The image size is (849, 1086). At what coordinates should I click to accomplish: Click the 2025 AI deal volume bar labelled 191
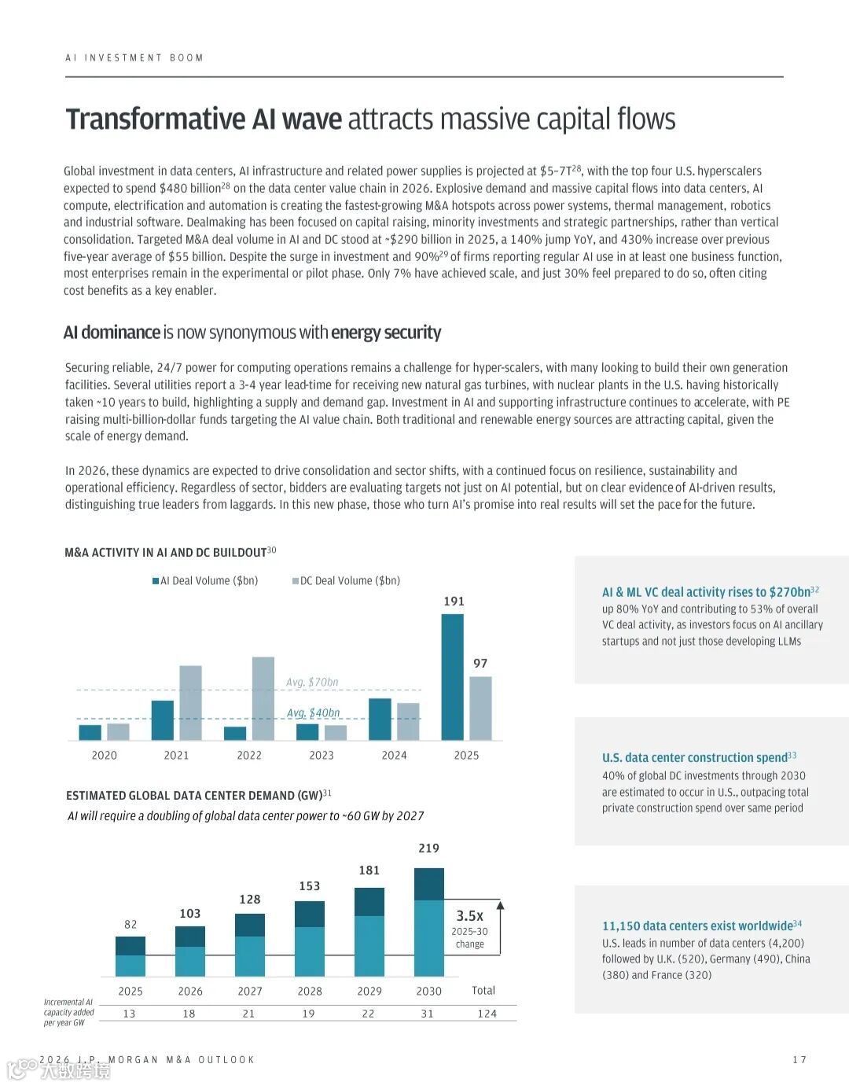452,676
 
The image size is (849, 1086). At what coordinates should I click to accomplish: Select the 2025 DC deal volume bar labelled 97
480,708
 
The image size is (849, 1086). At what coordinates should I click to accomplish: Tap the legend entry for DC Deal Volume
347,581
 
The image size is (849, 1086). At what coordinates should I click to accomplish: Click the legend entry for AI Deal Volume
205,581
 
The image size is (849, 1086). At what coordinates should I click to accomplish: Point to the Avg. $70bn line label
312,682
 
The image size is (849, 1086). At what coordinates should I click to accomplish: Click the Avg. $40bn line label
313,712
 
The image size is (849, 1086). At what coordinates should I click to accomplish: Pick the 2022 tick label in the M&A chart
249,755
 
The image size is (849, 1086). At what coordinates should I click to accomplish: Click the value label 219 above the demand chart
428,848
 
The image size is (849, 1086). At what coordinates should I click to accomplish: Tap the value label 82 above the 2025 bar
130,924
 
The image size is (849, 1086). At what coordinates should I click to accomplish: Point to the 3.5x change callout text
470,916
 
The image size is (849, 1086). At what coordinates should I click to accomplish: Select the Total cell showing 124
487,1014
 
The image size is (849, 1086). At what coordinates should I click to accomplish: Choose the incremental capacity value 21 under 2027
248,1014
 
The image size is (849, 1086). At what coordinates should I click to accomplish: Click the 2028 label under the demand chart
310,991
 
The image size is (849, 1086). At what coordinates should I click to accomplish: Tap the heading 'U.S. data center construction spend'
694,757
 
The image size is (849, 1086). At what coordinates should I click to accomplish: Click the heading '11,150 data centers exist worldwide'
697,926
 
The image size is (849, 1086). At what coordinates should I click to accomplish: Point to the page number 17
799,1060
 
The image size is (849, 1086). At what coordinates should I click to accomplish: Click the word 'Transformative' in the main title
156,120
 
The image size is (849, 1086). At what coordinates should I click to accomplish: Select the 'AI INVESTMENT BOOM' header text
134,57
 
